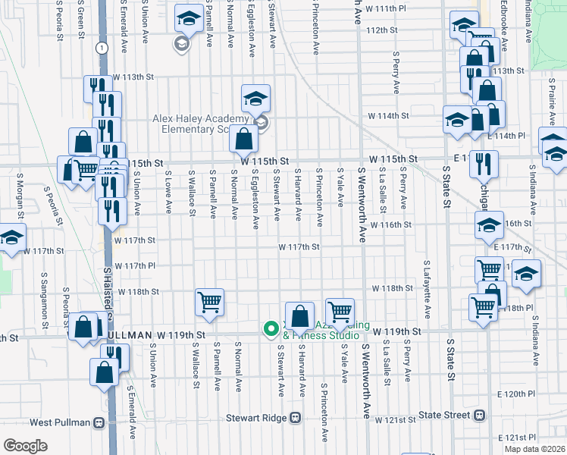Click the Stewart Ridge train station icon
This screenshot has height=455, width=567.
click(295, 417)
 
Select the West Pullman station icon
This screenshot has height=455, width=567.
click(99, 422)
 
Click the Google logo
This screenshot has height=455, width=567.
click(25, 446)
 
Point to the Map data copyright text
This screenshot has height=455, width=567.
click(534, 449)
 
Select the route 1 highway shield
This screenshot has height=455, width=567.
click(100, 48)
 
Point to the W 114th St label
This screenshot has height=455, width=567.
click(388, 116)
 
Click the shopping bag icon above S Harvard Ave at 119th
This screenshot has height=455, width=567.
click(299, 315)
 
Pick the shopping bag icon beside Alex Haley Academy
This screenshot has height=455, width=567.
click(243, 139)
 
